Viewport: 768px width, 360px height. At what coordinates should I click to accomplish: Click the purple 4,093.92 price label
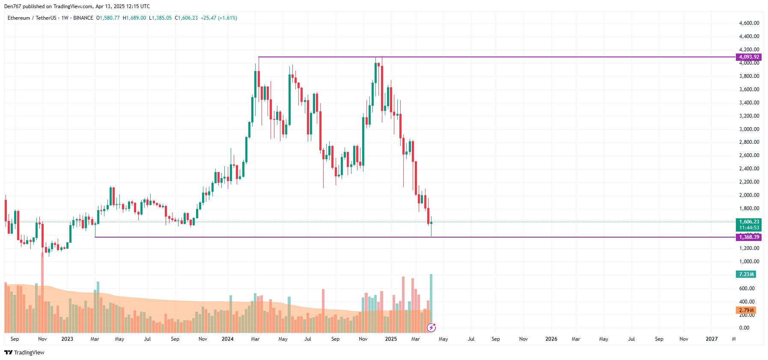(x=748, y=57)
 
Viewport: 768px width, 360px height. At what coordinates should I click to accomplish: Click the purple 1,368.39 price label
(x=748, y=237)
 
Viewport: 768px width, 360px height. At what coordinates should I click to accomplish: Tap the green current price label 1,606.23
(x=748, y=222)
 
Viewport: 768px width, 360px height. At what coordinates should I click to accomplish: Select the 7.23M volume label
(x=746, y=274)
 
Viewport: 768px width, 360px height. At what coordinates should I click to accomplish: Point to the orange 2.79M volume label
(x=746, y=310)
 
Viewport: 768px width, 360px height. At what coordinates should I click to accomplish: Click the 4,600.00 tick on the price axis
(x=749, y=23)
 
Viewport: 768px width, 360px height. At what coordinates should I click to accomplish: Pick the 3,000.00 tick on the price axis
(x=749, y=129)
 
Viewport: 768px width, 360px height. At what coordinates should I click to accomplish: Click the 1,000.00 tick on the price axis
(x=749, y=262)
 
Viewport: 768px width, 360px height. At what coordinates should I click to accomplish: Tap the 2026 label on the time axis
(x=551, y=339)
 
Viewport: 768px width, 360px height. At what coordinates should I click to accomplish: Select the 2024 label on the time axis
(x=227, y=339)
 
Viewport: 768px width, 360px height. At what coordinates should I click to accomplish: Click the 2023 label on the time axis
(x=67, y=339)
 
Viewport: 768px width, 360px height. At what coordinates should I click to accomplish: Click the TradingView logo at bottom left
(x=24, y=353)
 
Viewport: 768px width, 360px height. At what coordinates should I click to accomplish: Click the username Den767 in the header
(x=12, y=6)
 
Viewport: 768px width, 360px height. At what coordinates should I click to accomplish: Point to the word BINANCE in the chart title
(x=83, y=18)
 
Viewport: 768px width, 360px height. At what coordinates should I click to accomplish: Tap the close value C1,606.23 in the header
(x=186, y=18)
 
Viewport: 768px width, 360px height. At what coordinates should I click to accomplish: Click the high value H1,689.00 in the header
(x=134, y=18)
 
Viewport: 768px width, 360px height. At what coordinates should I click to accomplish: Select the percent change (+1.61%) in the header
(x=228, y=18)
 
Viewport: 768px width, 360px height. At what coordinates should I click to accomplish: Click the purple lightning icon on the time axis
(x=432, y=328)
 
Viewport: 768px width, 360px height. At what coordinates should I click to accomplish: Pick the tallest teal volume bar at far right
(x=431, y=300)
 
